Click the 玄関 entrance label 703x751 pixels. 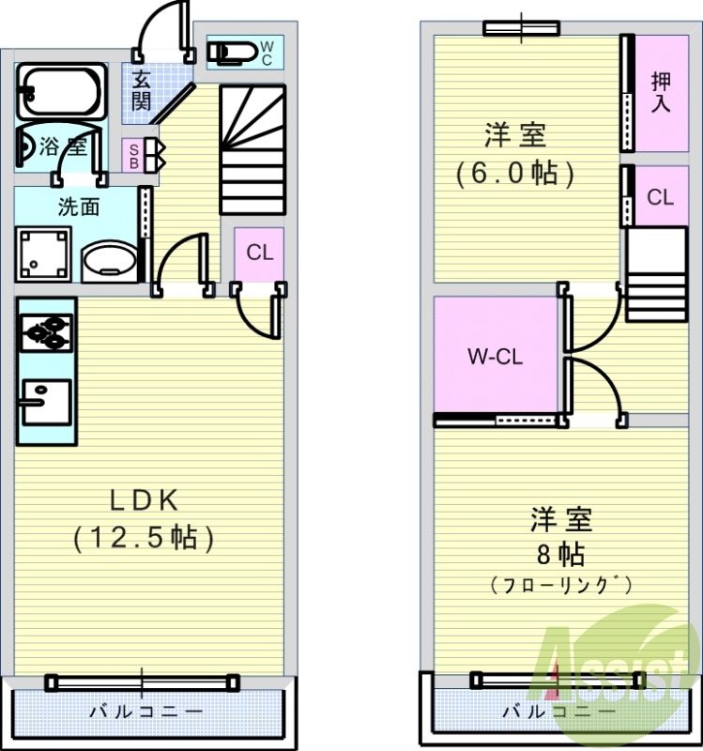[x=141, y=89]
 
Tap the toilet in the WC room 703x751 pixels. [x=231, y=52]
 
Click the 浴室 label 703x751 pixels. [x=63, y=146]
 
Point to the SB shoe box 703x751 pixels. [x=135, y=155]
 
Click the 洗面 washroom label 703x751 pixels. [x=78, y=207]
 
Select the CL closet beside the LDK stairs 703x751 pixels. [x=259, y=253]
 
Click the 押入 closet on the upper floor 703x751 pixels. [x=661, y=92]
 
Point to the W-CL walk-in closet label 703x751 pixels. [x=495, y=357]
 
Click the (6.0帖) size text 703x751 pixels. [x=514, y=173]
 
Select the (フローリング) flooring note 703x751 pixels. [x=560, y=584]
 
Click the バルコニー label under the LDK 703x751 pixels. [x=145, y=711]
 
